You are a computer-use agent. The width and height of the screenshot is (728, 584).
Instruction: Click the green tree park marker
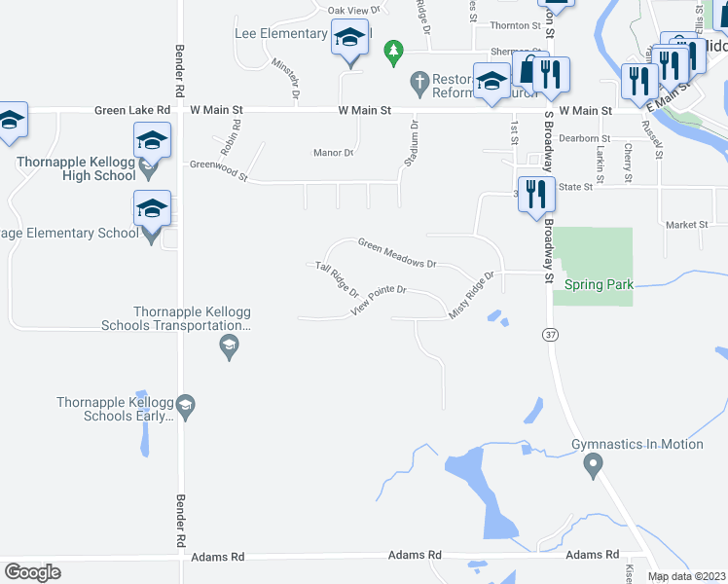click(x=393, y=51)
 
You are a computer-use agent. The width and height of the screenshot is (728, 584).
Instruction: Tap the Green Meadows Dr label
click(x=396, y=253)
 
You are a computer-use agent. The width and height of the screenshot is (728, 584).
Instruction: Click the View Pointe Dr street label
click(x=378, y=301)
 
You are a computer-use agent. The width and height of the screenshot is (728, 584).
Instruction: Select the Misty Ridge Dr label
click(x=473, y=295)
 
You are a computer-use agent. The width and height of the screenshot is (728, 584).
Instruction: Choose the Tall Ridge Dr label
click(x=337, y=279)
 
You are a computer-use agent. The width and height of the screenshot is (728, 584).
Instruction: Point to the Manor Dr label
click(x=333, y=153)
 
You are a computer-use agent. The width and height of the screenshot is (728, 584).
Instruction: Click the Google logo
click(x=32, y=572)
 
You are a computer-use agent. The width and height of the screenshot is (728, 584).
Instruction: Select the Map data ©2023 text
click(x=687, y=576)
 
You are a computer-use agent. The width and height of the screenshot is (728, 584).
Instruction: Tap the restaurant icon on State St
click(x=534, y=194)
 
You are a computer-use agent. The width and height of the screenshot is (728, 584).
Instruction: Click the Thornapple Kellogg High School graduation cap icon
click(x=152, y=141)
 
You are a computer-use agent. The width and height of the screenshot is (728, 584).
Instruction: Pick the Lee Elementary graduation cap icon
click(x=349, y=38)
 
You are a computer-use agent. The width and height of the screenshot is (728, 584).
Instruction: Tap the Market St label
click(x=687, y=225)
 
